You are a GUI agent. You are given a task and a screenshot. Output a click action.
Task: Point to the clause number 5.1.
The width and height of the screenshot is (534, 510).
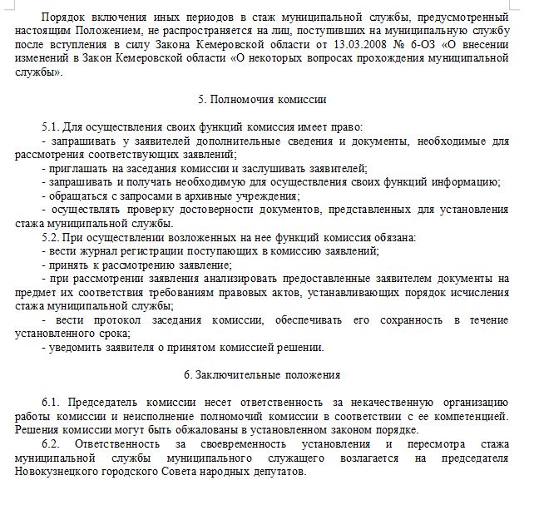pos(50,126)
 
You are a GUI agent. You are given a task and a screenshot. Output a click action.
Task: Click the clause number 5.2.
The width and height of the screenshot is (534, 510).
pos(50,237)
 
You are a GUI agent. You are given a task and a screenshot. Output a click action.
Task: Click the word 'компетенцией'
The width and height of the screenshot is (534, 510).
pos(471,416)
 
